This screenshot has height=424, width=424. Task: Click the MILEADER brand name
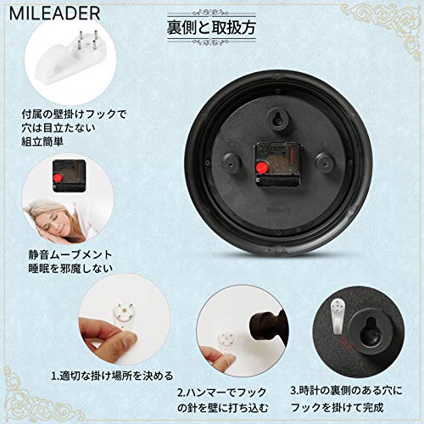click(55, 14)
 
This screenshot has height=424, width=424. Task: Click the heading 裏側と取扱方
click(211, 27)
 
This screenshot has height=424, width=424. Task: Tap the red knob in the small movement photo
click(59, 178)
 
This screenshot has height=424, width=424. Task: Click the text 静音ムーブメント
click(70, 255)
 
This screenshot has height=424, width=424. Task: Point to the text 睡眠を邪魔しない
click(70, 269)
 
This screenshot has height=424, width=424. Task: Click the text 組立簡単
click(42, 141)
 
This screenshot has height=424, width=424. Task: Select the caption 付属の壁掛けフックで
click(74, 114)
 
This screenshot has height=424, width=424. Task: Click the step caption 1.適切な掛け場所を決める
click(112, 376)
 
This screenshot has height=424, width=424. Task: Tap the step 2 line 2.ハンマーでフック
click(222, 393)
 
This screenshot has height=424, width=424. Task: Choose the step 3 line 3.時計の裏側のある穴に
click(346, 391)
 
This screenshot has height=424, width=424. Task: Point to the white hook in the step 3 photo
click(338, 314)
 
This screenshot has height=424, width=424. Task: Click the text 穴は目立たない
click(59, 128)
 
